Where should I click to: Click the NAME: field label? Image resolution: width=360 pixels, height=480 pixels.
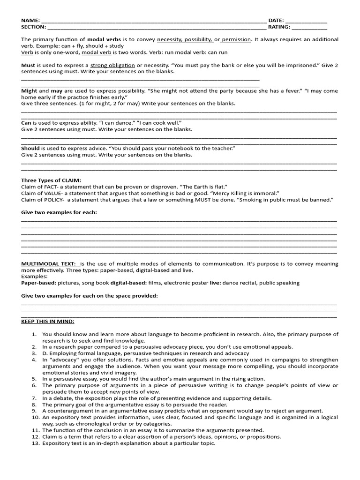pos(30,21)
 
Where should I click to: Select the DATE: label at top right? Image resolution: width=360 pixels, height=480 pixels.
pos(276,21)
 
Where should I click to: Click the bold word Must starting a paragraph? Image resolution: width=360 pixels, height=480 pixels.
pos(29,65)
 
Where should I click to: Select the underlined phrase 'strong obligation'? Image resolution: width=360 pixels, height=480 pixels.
pos(112,65)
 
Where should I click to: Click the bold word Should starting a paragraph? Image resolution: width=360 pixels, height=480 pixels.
pos(30,148)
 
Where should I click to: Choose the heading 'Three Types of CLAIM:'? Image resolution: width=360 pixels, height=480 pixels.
pos(51,180)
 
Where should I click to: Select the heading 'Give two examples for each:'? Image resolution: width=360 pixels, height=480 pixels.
pos(59,212)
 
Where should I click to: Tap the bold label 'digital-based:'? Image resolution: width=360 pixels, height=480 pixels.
pos(128,283)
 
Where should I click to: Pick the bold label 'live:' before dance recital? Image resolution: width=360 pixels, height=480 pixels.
pos(215,283)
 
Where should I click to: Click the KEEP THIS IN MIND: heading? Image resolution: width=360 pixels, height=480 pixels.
pos(48,321)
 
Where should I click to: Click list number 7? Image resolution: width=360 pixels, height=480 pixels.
pos(34,398)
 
